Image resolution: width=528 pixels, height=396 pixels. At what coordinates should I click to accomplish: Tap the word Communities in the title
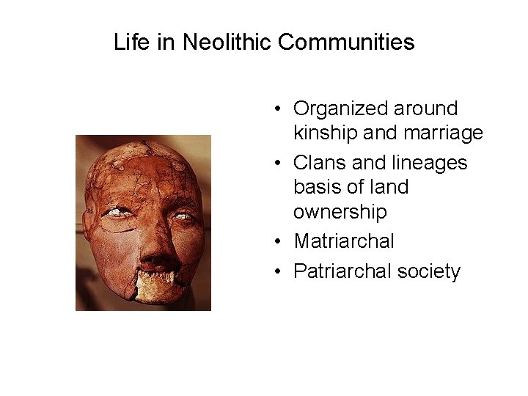[346, 42]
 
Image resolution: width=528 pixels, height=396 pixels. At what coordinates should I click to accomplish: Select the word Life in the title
[133, 42]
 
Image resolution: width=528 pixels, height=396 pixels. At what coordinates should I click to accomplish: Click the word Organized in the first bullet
[340, 109]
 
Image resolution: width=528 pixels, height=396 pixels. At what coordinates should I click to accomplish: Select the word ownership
[340, 212]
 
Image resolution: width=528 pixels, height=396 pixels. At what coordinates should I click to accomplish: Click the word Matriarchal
[344, 241]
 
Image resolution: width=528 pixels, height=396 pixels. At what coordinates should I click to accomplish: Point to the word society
[429, 271]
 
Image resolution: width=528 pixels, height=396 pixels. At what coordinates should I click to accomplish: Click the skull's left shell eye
[115, 213]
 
